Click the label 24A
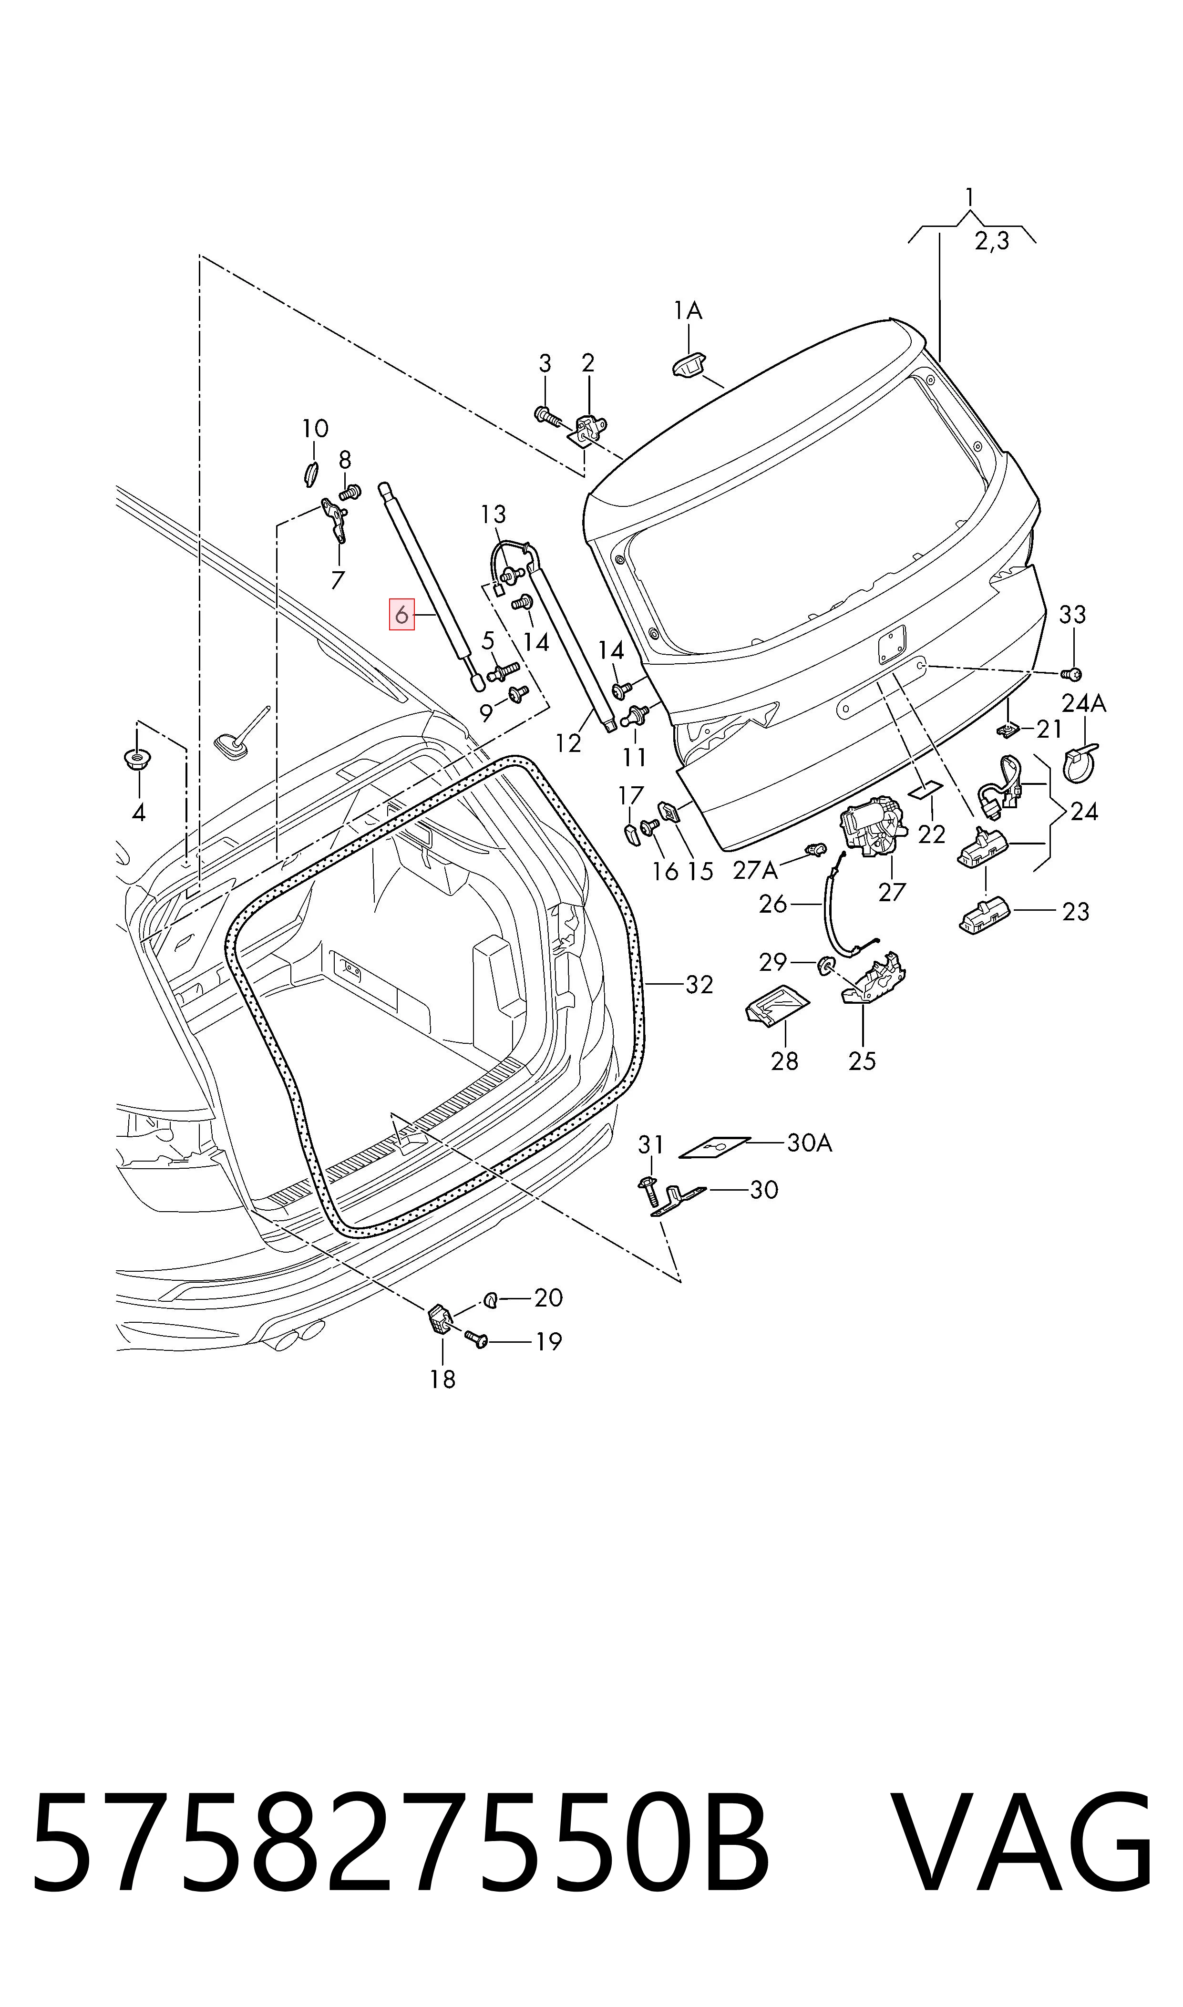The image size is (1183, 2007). (x=1084, y=703)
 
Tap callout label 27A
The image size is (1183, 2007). (x=755, y=870)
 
